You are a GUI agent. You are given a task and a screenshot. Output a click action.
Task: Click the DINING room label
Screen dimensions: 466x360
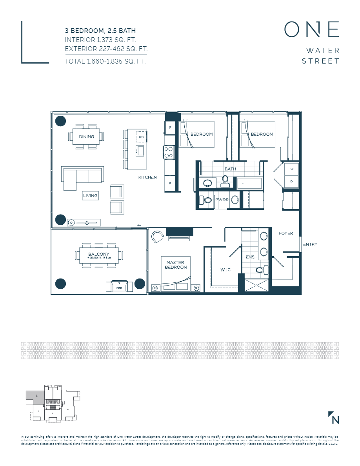[x=86, y=137]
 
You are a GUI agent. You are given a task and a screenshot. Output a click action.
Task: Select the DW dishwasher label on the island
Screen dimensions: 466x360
[x=141, y=136]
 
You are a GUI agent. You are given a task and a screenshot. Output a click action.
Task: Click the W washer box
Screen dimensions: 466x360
[x=291, y=169]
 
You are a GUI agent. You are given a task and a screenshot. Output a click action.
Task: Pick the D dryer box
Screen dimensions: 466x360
[x=291, y=182]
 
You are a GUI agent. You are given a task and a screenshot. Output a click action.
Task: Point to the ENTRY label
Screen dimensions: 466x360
[x=310, y=244]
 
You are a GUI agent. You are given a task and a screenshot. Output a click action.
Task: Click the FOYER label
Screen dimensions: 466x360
[x=286, y=233]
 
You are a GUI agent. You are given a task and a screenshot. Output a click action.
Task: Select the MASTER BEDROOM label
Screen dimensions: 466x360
[x=176, y=265]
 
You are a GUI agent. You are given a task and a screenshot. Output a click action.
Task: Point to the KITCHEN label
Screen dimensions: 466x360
[x=147, y=177]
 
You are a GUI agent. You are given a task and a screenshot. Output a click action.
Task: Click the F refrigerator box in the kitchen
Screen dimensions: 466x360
[x=170, y=128]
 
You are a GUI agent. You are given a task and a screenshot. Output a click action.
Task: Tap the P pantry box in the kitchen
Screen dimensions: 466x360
[x=170, y=183]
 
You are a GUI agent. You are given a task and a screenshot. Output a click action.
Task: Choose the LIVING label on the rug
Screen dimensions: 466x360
[x=90, y=195]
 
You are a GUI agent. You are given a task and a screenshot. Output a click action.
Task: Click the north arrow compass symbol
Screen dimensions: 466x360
[x=334, y=418]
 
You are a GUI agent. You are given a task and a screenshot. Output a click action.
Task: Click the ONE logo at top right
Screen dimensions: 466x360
[x=311, y=29]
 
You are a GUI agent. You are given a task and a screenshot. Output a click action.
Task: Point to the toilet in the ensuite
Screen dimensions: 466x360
[x=260, y=270]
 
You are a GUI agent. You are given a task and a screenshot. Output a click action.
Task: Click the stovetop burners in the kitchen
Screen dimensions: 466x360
[x=169, y=152]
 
